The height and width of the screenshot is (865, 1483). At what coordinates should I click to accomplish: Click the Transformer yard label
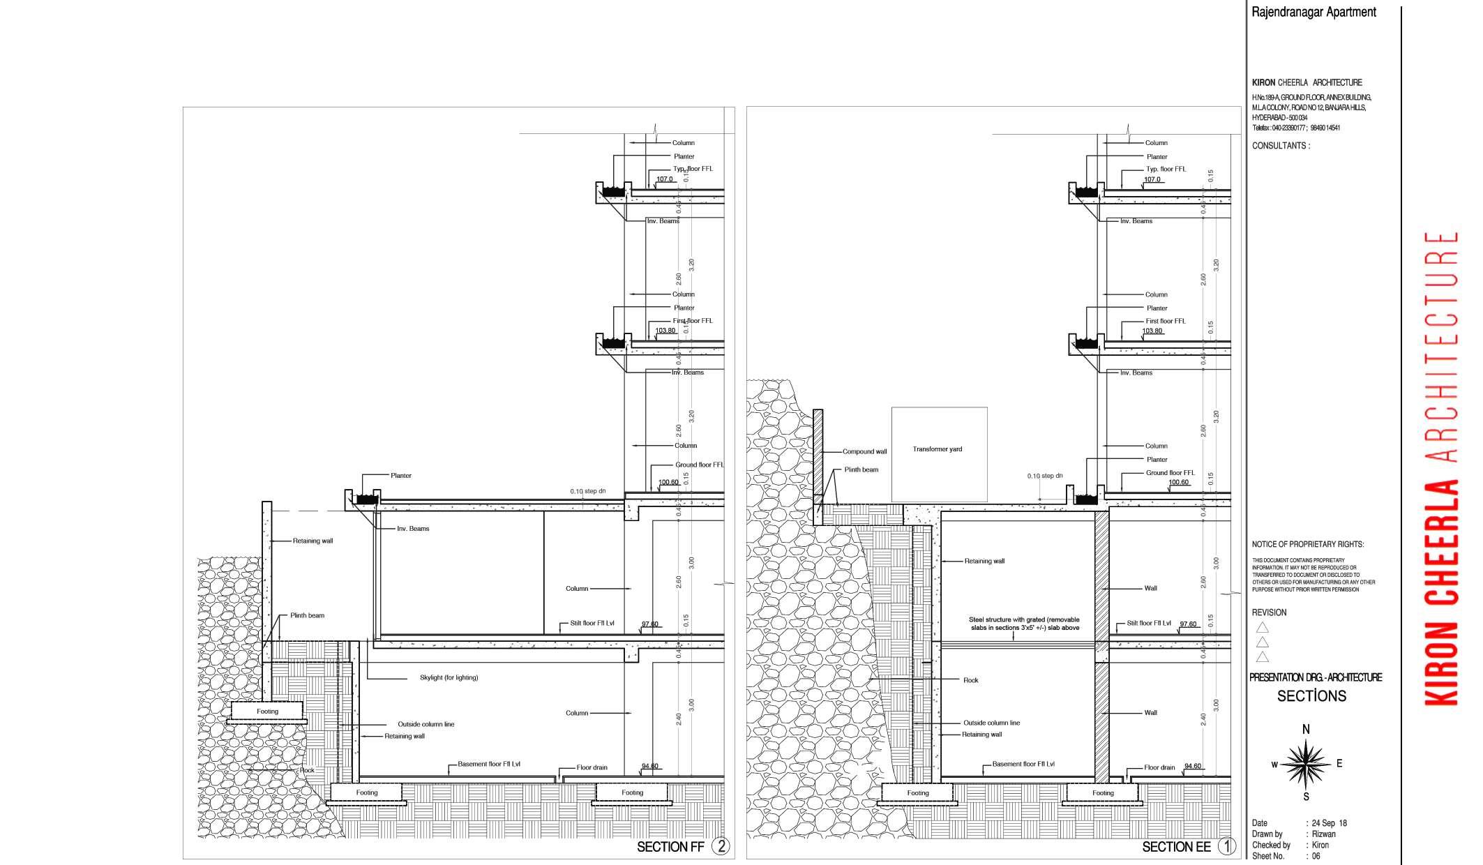pyautogui.click(x=937, y=449)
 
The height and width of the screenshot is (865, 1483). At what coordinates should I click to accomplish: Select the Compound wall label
pyautogui.click(x=864, y=452)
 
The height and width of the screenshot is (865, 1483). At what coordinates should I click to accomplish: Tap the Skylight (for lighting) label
pyautogui.click(x=449, y=678)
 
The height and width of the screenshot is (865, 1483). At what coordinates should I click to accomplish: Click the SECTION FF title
pyautogui.click(x=670, y=847)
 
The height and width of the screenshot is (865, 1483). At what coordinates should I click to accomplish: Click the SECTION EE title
pyautogui.click(x=1176, y=847)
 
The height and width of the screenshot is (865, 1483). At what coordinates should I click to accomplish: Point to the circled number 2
pyautogui.click(x=721, y=846)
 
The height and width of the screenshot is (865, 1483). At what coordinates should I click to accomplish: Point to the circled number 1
pyautogui.click(x=1226, y=846)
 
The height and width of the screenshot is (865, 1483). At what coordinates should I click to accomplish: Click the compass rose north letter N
pyautogui.click(x=1306, y=730)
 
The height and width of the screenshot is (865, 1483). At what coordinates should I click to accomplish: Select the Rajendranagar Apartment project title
pyautogui.click(x=1313, y=12)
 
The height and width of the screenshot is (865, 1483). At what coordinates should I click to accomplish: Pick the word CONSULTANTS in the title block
pyautogui.click(x=1280, y=146)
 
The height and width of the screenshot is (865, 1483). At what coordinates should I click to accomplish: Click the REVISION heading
pyautogui.click(x=1269, y=612)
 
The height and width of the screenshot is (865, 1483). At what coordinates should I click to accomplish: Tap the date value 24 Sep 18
pyautogui.click(x=1329, y=823)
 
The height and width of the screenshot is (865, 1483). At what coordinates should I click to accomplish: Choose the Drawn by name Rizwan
pyautogui.click(x=1323, y=834)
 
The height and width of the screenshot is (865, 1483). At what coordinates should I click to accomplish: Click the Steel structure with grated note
pyautogui.click(x=1025, y=624)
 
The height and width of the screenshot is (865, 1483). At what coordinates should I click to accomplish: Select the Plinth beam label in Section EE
pyautogui.click(x=861, y=470)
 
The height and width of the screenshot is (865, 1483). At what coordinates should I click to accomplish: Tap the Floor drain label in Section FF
pyautogui.click(x=592, y=768)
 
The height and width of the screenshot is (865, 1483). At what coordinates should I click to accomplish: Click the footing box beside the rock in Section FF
pyautogui.click(x=267, y=712)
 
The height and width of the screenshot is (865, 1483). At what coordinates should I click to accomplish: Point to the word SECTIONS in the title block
pyautogui.click(x=1311, y=696)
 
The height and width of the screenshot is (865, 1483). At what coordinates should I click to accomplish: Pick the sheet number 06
pyautogui.click(x=1316, y=856)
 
